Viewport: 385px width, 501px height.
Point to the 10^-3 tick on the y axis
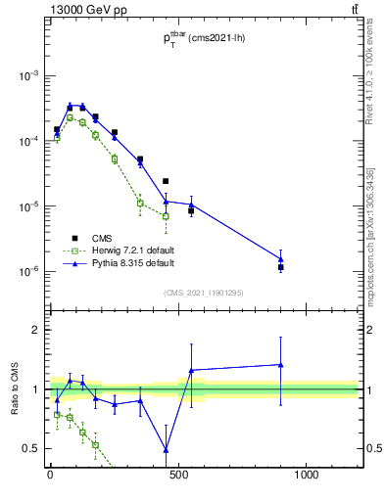pos(27,76)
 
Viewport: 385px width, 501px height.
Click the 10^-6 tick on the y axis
pos(27,272)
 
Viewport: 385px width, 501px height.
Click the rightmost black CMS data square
pos(281,267)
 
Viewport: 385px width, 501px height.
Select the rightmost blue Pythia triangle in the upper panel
pos(281,259)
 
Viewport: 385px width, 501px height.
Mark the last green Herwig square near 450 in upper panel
pos(166,216)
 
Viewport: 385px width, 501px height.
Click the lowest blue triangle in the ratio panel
pos(166,450)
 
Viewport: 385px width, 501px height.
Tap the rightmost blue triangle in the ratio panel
pos(281,365)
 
